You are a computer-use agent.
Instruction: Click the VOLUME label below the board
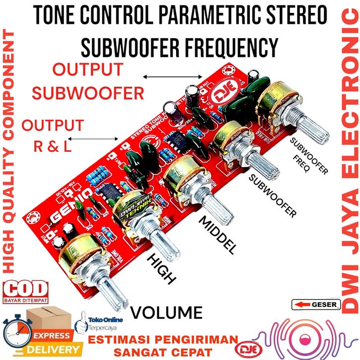click(167, 312)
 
